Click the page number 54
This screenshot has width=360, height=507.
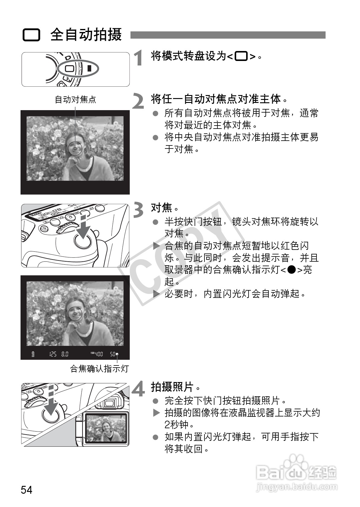pos(27,489)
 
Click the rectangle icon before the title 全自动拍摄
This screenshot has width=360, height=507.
pos(31,35)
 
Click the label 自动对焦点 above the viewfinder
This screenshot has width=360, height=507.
pos(75,100)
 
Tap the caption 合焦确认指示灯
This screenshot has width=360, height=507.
pos(99,368)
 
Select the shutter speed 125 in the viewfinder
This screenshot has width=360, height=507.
pos(53,354)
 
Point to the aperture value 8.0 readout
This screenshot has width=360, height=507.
pos(65,354)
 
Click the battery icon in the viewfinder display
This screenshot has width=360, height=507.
pos(33,354)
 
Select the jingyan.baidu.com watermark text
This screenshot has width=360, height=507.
pos(297,487)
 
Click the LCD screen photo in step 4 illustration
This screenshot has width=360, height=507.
pos(105,428)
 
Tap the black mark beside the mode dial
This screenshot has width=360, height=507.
pos(89,68)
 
